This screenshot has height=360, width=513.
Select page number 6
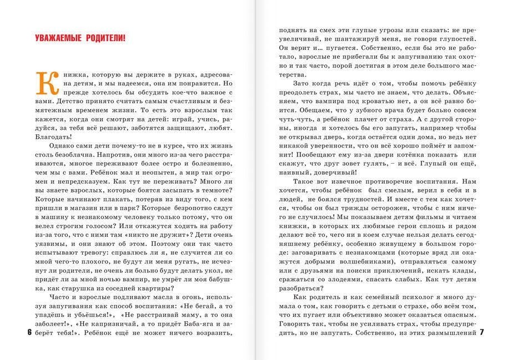[x=28, y=333]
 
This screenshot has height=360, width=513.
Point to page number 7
[x=482, y=333]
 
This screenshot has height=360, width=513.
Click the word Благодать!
[x=49, y=136]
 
